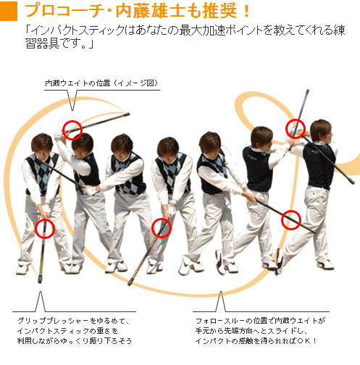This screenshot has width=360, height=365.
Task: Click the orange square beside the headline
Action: (9, 11)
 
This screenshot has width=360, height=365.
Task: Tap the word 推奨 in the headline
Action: (219, 11)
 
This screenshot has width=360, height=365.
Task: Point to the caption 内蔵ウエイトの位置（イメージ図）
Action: (101, 83)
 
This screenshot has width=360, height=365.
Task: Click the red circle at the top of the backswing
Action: (72, 130)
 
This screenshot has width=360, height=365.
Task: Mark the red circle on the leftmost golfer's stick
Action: (45, 229)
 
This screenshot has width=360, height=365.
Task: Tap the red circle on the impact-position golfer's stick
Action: (162, 228)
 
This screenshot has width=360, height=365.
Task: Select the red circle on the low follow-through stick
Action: (291, 219)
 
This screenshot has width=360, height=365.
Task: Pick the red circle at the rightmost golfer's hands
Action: (296, 129)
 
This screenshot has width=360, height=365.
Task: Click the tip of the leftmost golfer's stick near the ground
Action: (40, 281)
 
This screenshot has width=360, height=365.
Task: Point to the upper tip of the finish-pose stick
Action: (308, 91)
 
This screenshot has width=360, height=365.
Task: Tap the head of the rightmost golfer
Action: (321, 132)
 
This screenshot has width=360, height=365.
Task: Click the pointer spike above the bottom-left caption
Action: (41, 302)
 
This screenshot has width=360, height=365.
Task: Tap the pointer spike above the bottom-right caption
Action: (221, 302)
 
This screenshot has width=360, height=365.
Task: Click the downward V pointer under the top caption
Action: (72, 100)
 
